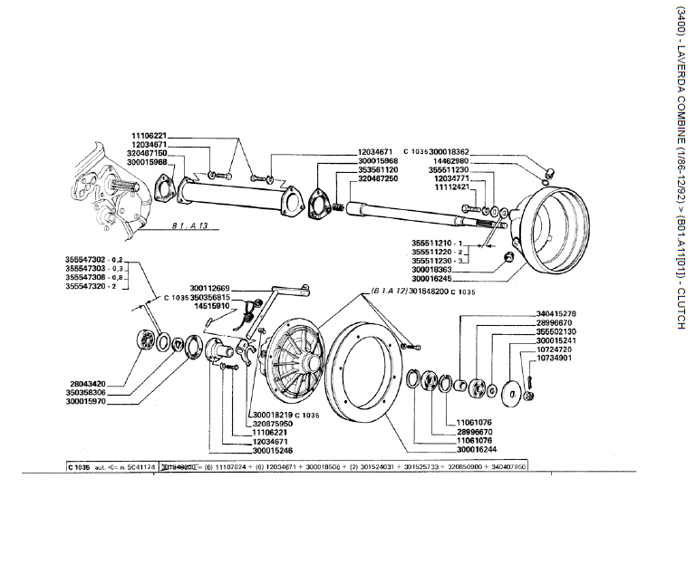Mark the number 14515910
213,306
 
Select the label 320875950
276,424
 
